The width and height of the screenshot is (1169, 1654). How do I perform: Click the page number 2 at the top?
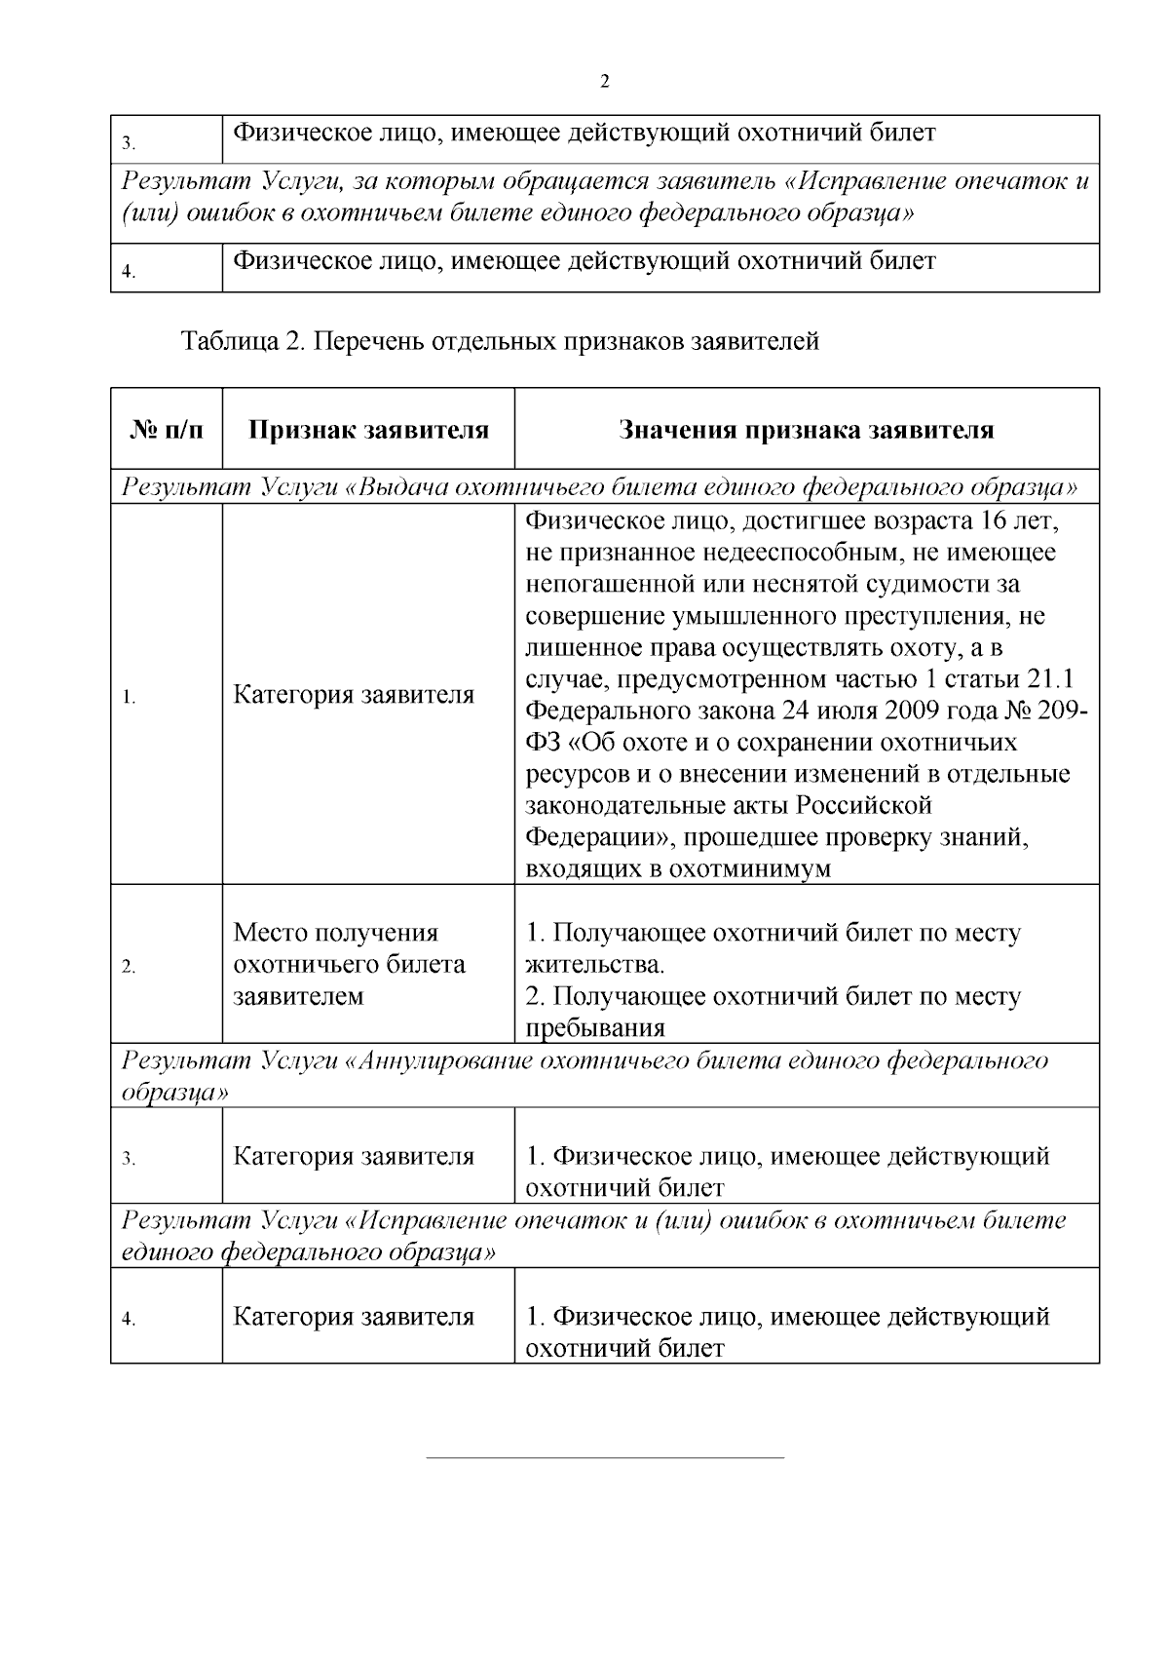604,82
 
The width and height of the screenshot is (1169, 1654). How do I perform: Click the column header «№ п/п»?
166,430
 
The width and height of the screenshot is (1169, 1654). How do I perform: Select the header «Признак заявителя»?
368,430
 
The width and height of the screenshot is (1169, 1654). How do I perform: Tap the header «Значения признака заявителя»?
807,430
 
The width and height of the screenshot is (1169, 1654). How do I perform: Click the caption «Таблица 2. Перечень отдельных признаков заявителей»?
500,341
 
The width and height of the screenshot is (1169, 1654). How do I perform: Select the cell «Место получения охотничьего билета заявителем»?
349,964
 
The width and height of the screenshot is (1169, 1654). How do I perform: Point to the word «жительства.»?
595,965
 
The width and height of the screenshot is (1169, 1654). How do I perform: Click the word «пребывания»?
595,1028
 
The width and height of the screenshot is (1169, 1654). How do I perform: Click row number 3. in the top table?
128,145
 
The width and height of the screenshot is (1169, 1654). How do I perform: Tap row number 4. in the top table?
128,273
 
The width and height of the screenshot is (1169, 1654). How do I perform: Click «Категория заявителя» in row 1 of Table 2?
354,695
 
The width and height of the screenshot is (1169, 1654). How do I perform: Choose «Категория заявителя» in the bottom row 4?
354,1317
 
